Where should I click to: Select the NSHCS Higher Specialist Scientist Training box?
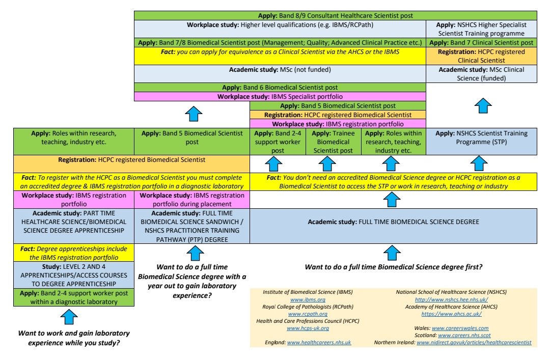[481, 30]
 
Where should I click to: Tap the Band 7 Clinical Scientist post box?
[481, 43]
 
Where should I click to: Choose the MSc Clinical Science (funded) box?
[481, 74]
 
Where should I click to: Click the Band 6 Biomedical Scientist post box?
[280, 88]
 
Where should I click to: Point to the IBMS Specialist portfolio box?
[280, 96]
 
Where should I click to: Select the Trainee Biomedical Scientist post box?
[333, 142]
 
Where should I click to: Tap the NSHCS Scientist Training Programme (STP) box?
[481, 138]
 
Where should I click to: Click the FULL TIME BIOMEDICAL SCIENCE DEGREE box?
[393, 222]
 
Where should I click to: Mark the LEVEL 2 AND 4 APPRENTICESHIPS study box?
[74, 275]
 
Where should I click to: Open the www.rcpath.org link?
[307, 314]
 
